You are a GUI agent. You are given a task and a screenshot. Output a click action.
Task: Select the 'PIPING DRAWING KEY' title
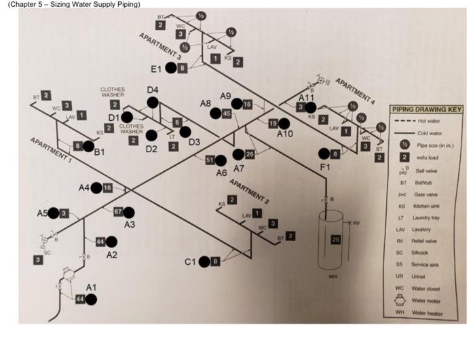pyautogui.click(x=426, y=109)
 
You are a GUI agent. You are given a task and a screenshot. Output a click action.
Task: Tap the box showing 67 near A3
pyautogui.click(x=117, y=212)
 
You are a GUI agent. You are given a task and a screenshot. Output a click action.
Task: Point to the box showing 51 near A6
pyautogui.click(x=210, y=160)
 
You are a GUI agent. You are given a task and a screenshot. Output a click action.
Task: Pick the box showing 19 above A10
pyautogui.click(x=272, y=123)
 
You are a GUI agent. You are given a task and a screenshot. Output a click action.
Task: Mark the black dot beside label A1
pyautogui.click(x=91, y=300)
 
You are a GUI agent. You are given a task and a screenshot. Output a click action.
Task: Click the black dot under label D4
pyautogui.click(x=153, y=103)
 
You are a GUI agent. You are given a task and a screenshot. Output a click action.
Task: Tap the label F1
pyautogui.click(x=326, y=167)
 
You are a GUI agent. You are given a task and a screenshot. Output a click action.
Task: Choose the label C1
pyautogui.click(x=191, y=262)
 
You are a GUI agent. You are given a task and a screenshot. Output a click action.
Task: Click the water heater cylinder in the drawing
pyautogui.click(x=332, y=241)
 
